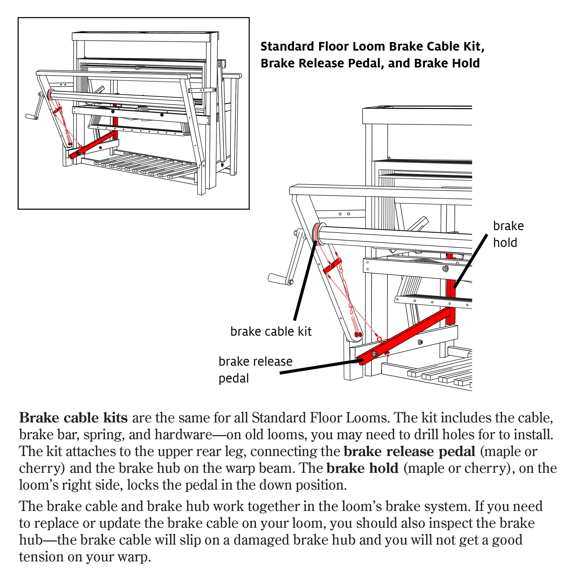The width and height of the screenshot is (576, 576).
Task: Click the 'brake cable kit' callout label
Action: (x=271, y=331)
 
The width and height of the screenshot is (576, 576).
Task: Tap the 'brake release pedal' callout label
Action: (x=255, y=370)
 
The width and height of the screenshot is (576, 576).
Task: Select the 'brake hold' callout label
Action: (x=508, y=234)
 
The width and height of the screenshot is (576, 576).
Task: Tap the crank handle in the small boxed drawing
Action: (x=31, y=116)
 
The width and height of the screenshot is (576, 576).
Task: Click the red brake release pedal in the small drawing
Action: (x=93, y=144)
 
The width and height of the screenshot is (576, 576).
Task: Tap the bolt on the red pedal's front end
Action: (x=375, y=354)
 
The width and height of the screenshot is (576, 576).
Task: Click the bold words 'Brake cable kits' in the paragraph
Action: (x=73, y=418)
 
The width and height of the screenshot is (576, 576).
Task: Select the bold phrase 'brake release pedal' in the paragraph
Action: (x=409, y=451)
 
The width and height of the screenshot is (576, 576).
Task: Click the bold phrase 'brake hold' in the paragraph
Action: (x=362, y=468)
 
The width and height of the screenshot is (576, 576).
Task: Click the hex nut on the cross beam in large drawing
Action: (x=445, y=268)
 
